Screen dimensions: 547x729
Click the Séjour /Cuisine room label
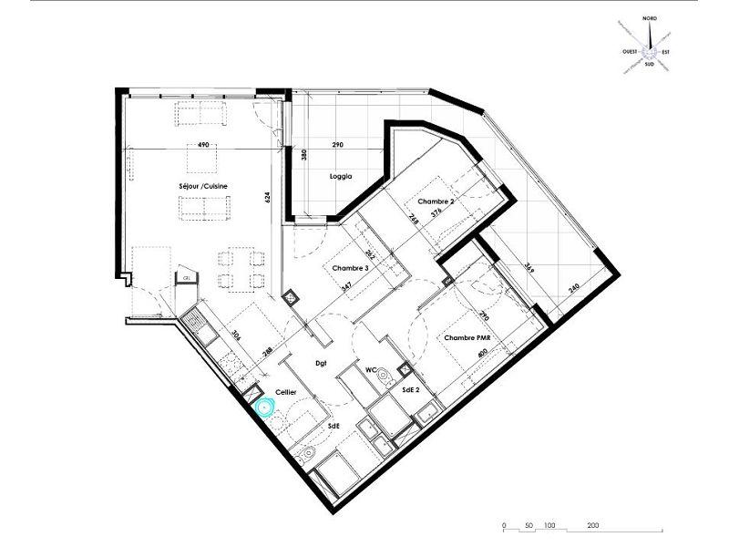[204, 186]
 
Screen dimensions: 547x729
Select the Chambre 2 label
[435, 201]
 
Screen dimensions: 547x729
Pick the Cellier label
[287, 392]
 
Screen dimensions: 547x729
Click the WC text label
[372, 371]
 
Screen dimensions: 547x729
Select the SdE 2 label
[410, 390]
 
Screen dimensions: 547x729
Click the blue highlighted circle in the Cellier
[265, 408]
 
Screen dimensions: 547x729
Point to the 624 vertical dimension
[268, 196]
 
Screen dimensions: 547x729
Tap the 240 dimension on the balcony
[572, 289]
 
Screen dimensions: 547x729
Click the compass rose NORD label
[650, 18]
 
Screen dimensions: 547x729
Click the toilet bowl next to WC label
[385, 374]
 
